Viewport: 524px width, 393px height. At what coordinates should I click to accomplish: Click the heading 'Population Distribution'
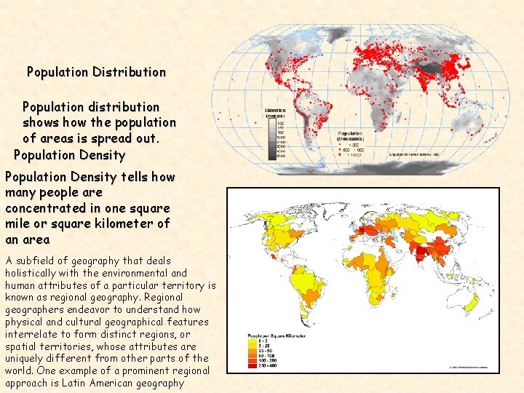[x=96, y=72]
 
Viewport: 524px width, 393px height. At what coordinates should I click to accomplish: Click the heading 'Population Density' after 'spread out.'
[x=70, y=155]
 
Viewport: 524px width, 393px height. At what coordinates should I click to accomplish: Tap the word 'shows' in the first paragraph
[x=42, y=122]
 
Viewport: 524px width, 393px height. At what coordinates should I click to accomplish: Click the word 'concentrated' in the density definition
[x=46, y=208]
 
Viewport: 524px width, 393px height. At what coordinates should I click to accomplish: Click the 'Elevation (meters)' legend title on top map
[x=275, y=112]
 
